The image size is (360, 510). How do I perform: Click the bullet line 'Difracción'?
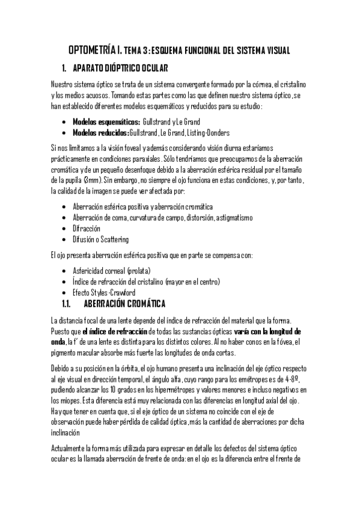(x=86, y=229)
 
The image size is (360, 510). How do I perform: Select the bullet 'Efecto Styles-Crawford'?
(x=103, y=292)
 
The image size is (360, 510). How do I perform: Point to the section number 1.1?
(x=67, y=303)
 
